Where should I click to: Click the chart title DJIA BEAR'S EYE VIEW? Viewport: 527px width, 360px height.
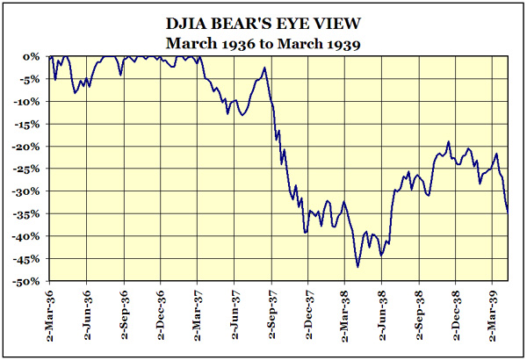(x=263, y=19)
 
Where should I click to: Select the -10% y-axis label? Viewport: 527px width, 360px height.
(x=29, y=101)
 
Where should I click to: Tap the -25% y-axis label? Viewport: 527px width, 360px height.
(x=29, y=169)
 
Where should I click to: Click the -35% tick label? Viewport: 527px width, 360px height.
(x=29, y=213)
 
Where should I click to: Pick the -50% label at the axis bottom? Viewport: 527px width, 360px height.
(x=29, y=281)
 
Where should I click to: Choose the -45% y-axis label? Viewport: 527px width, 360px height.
(x=29, y=259)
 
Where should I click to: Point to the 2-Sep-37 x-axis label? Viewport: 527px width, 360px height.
(x=272, y=317)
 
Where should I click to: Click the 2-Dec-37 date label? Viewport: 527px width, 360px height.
(x=309, y=317)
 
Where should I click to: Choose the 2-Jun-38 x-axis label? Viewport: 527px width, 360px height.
(x=383, y=317)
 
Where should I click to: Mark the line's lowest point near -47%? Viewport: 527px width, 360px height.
(x=358, y=266)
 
